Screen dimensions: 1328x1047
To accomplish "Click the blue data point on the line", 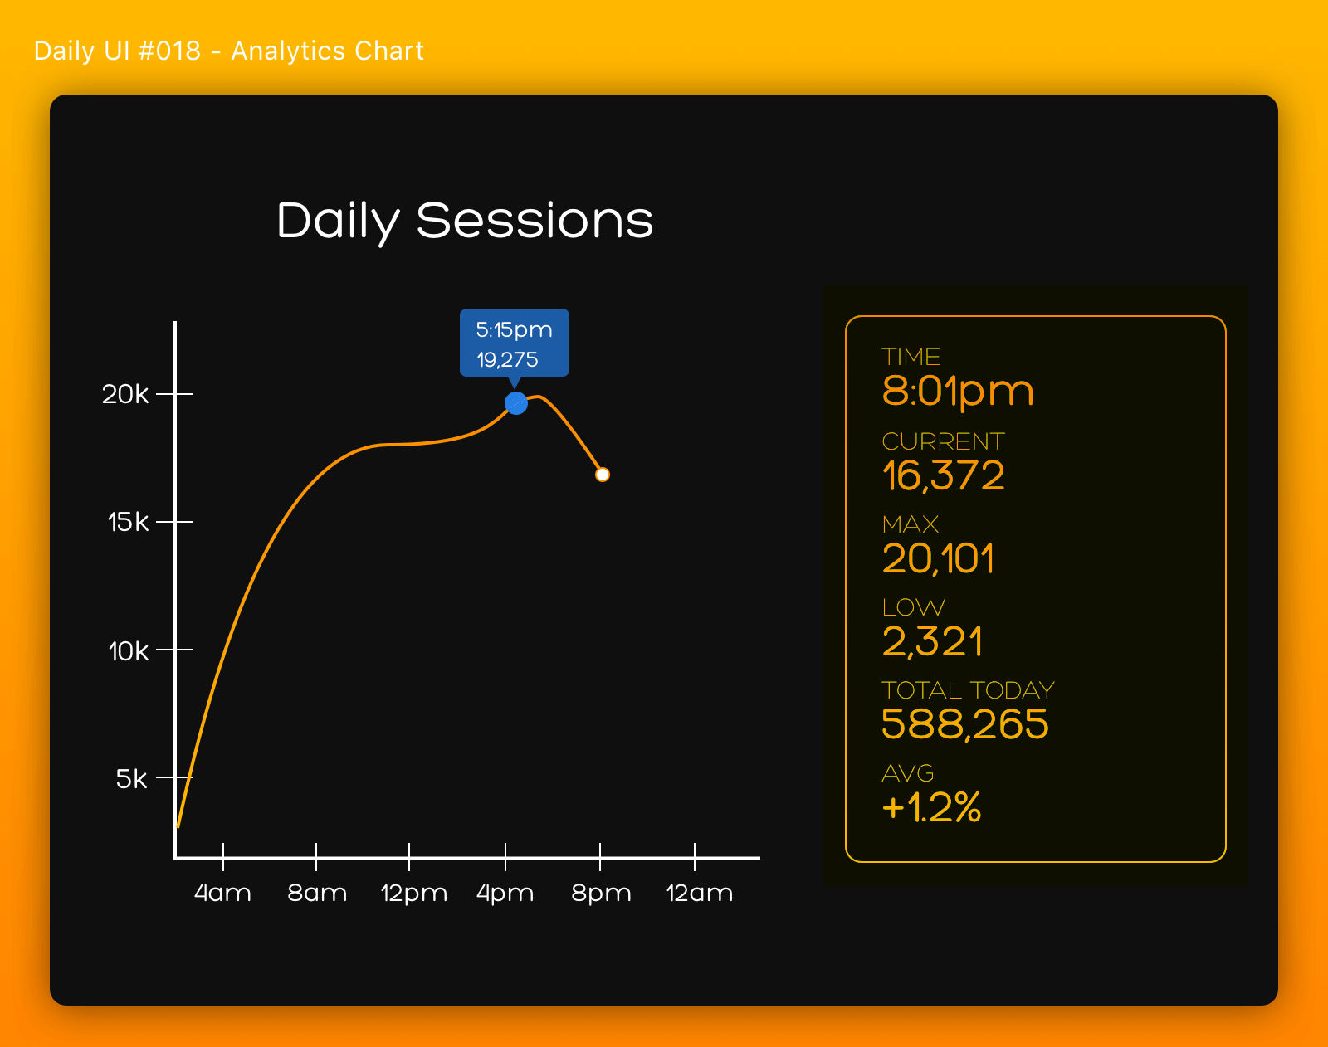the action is [x=516, y=403].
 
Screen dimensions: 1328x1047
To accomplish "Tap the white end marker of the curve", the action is [x=603, y=475].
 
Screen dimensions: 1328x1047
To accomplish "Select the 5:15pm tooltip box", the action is [x=514, y=343].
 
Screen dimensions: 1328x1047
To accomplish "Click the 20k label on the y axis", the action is [x=125, y=393].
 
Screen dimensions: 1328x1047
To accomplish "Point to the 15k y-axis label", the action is [x=128, y=522].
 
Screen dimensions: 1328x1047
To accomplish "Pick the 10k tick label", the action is [x=129, y=651].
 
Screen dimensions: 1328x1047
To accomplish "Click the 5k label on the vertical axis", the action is [x=131, y=779].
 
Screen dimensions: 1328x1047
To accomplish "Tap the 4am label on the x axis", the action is [x=222, y=893].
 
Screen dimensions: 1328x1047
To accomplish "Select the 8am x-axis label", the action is [x=317, y=893].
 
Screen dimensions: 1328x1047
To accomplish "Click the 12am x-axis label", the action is [x=699, y=893].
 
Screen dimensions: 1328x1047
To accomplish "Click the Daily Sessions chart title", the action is [x=465, y=221].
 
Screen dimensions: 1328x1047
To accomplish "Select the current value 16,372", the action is [x=943, y=475].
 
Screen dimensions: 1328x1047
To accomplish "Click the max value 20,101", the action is [x=938, y=558].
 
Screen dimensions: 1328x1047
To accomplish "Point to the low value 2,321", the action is [x=932, y=641].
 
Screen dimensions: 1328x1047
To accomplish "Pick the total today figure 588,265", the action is [x=965, y=723].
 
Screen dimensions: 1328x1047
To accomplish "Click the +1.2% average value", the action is [x=931, y=806].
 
